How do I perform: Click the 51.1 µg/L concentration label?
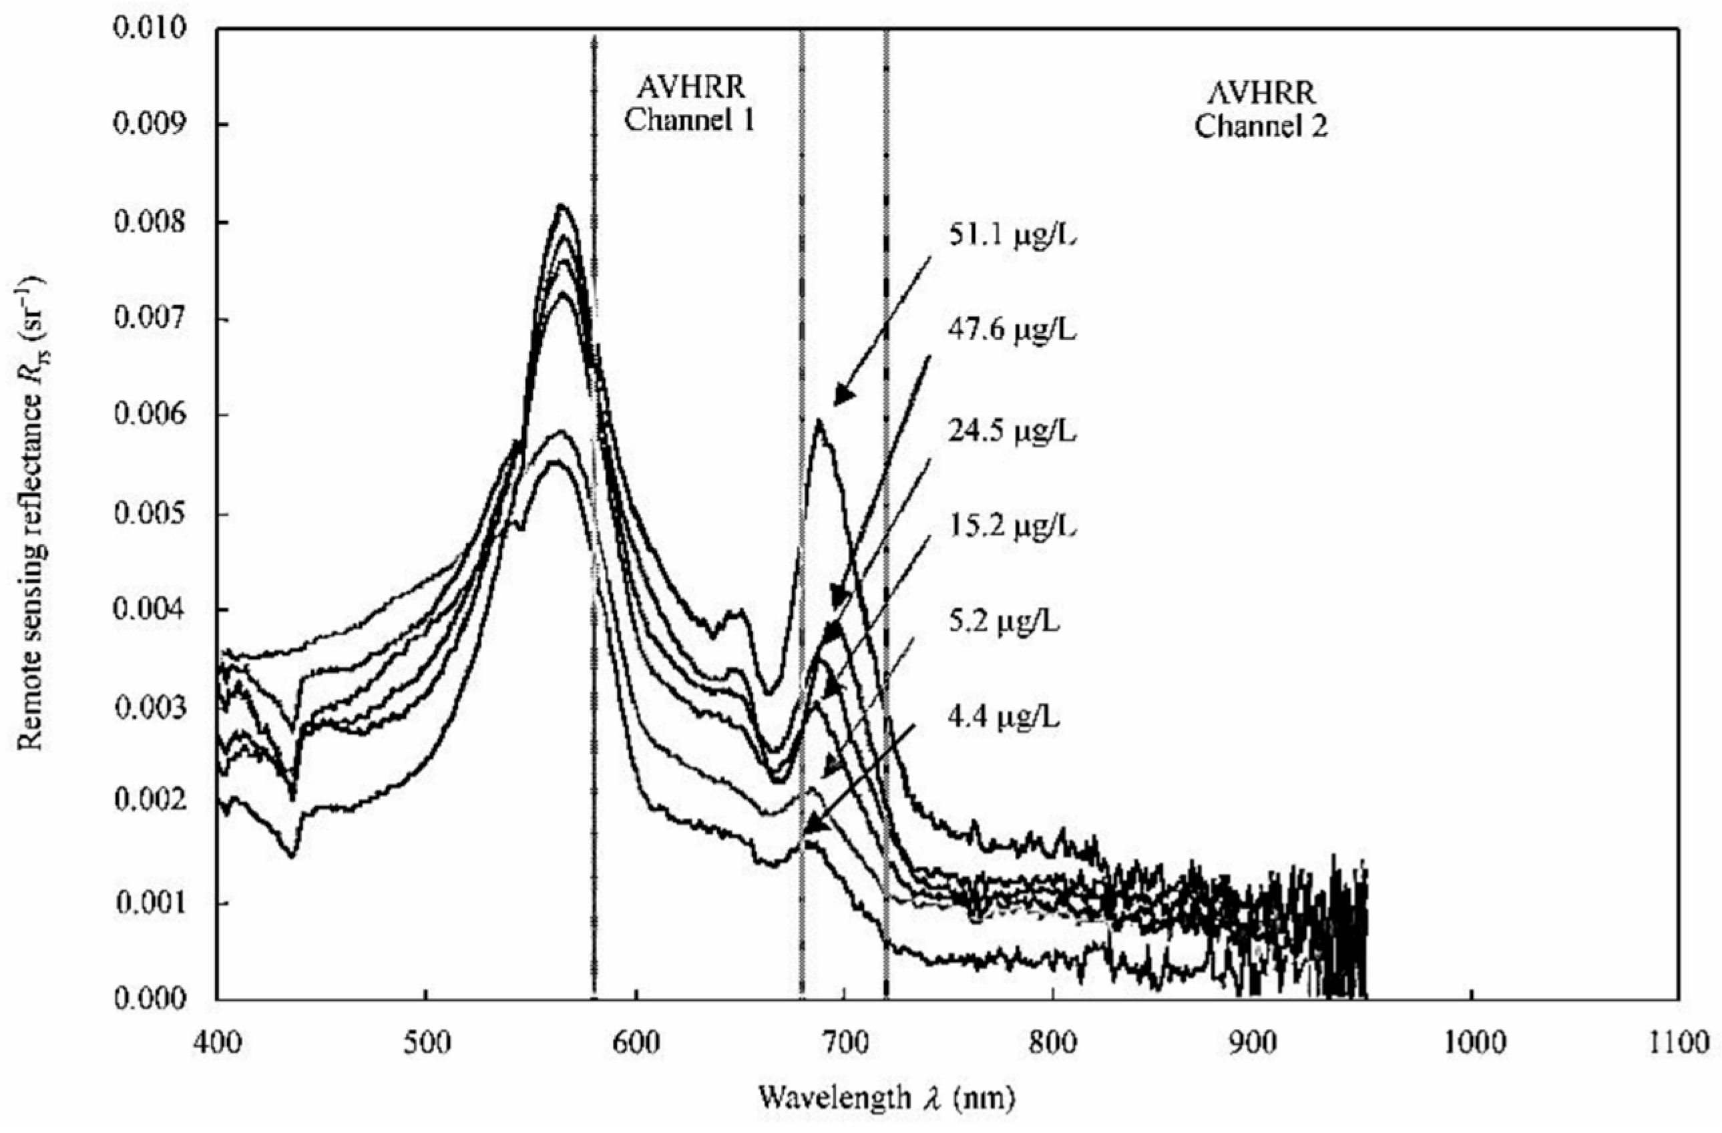coord(1012,236)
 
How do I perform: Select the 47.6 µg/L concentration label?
coord(1012,330)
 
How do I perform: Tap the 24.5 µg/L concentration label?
coord(1012,432)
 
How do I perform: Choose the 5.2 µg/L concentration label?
coord(1004,622)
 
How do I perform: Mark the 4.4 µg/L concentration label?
coord(1004,718)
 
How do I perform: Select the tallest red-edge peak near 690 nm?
coord(819,421)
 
